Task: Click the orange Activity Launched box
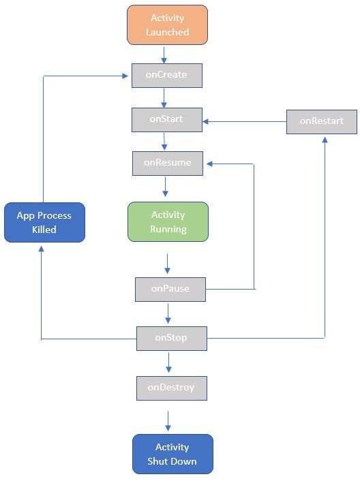click(x=167, y=25)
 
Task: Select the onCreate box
click(x=167, y=75)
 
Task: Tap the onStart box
click(x=167, y=119)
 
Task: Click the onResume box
click(x=168, y=163)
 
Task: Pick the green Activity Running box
click(x=168, y=221)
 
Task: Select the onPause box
click(x=170, y=288)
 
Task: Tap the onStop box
click(x=170, y=337)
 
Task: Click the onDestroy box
click(x=171, y=387)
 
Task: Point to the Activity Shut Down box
click(x=172, y=454)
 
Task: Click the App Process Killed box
click(x=44, y=222)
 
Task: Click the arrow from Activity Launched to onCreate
click(x=164, y=55)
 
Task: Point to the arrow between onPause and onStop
click(x=168, y=313)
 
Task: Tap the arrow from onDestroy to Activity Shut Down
click(x=168, y=420)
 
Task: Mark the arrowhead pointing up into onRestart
click(x=325, y=139)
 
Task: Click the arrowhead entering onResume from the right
click(x=211, y=164)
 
